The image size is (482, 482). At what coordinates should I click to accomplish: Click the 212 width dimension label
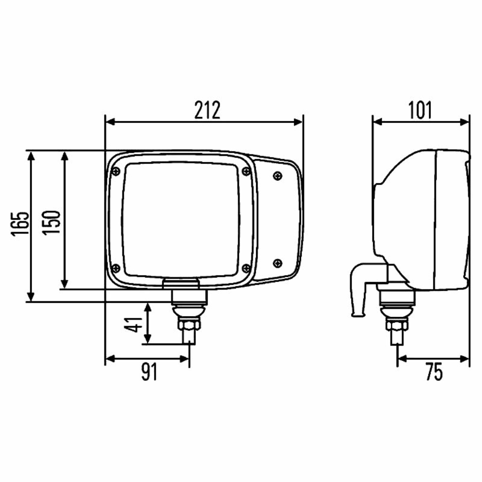[207, 110]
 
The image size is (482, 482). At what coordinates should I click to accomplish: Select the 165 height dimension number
[20, 224]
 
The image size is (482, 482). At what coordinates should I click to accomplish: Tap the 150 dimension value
[51, 223]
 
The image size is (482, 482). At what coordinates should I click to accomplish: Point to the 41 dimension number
[134, 324]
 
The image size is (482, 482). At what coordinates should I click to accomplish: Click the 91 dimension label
[149, 372]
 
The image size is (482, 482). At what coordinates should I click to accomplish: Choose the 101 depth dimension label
[419, 110]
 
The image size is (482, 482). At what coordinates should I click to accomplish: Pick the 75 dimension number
[434, 372]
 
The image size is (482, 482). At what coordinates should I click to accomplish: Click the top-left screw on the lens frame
[116, 171]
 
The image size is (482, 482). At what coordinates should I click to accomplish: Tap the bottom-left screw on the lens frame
[116, 268]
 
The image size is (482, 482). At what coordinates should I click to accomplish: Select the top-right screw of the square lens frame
[246, 171]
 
